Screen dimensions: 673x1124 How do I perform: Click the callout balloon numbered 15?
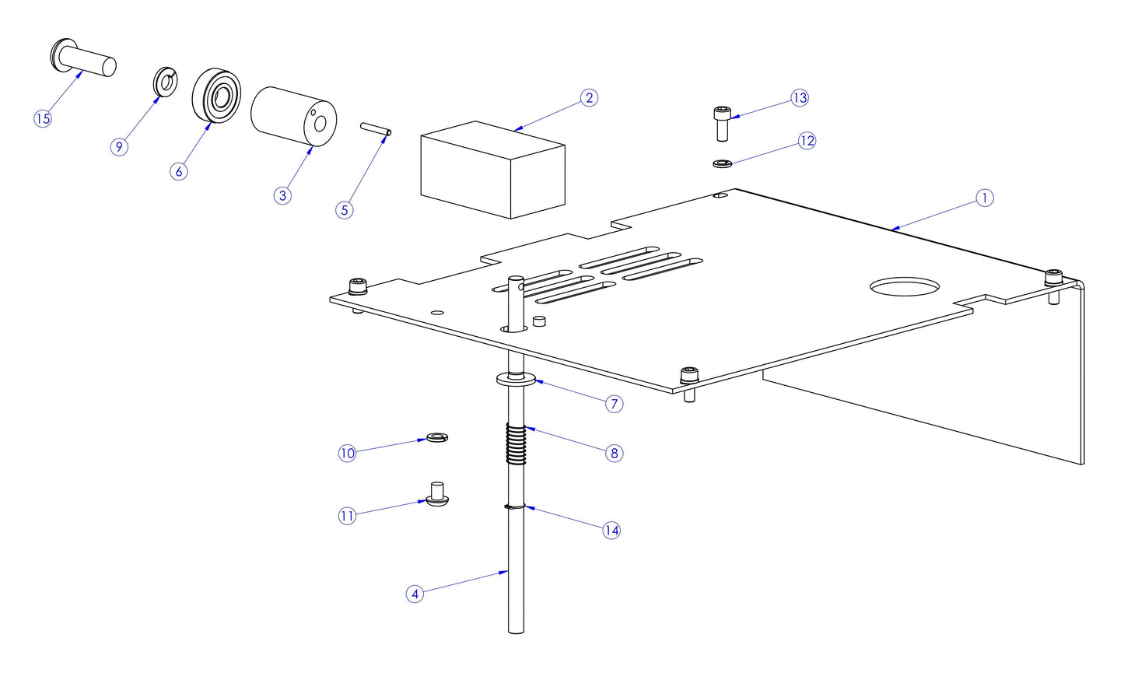[43, 118]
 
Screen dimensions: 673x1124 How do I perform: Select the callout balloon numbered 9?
[119, 147]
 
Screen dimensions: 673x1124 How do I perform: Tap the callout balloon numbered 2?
[589, 98]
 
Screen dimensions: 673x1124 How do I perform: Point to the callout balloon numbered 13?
[800, 98]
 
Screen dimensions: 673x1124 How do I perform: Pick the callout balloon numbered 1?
[984, 198]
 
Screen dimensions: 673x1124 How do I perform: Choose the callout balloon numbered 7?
[615, 404]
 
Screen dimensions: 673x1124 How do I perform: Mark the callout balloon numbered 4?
[415, 594]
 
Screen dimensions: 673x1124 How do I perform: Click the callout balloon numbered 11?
[347, 516]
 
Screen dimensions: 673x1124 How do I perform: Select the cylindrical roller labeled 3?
[293, 115]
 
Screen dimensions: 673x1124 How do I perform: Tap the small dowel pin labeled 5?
[376, 128]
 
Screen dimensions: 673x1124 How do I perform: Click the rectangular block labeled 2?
[492, 170]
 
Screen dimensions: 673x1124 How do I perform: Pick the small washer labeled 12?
[722, 163]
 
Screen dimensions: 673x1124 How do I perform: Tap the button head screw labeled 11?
[438, 495]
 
